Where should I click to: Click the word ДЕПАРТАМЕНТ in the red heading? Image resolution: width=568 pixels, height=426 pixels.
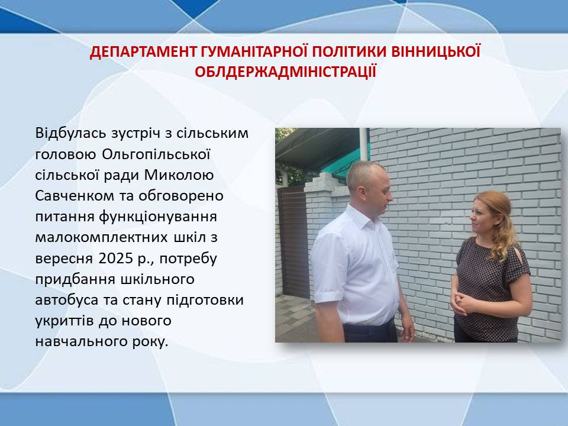[143, 52]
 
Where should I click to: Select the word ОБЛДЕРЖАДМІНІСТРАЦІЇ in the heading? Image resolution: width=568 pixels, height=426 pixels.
[285, 72]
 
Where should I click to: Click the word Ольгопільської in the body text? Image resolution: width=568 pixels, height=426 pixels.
[156, 154]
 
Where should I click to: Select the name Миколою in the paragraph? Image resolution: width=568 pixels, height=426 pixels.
[179, 175]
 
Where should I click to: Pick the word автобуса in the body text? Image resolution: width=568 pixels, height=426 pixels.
[67, 300]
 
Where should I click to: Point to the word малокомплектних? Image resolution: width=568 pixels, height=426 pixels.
[101, 238]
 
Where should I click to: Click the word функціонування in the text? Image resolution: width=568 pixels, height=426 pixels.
[157, 217]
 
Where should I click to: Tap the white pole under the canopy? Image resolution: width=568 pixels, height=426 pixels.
[364, 144]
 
